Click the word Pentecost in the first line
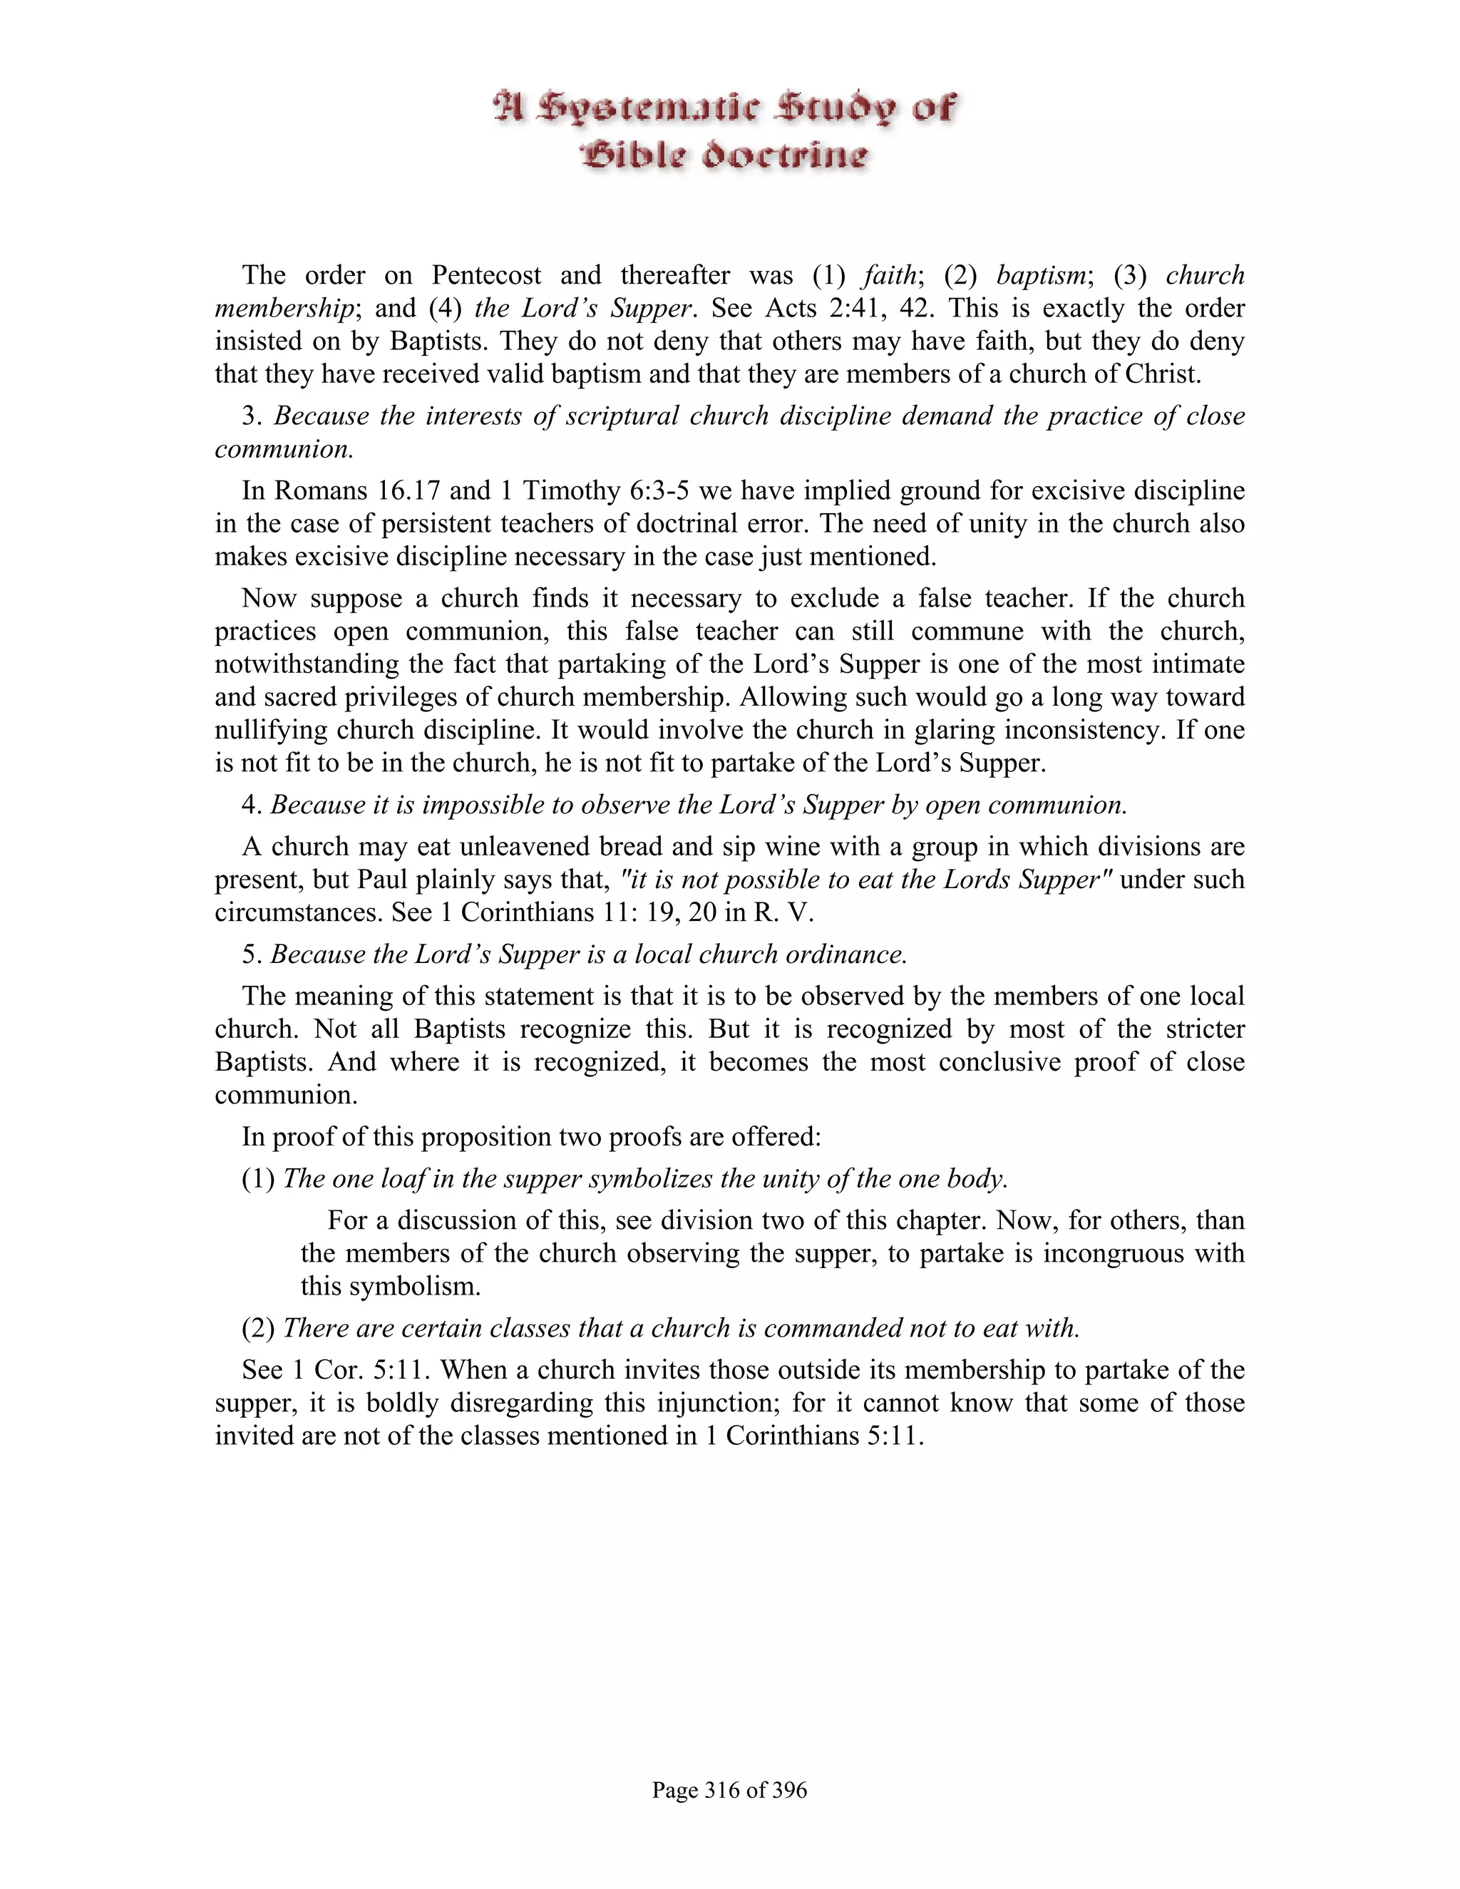pos(487,275)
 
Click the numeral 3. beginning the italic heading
pos(251,416)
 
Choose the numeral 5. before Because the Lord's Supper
pos(251,954)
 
